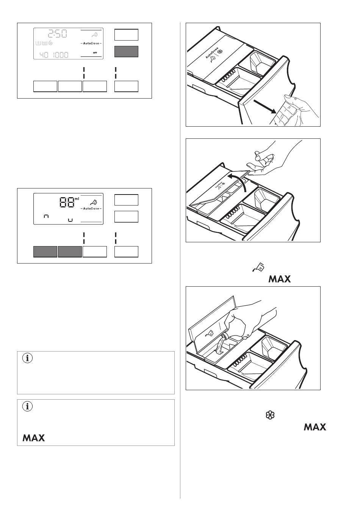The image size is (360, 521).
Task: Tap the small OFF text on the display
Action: point(95,52)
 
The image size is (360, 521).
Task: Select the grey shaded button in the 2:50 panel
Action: point(126,52)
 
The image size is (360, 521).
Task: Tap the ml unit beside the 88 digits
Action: point(77,199)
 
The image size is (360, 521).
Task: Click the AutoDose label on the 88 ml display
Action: point(91,209)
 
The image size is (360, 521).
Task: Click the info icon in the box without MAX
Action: point(27,358)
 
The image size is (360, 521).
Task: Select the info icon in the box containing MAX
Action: point(27,406)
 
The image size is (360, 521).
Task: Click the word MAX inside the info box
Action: point(34,438)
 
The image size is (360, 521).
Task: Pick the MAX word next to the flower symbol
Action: point(315,427)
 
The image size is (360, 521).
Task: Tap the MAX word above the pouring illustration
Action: point(279,279)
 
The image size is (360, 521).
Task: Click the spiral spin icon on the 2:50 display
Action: point(51,43)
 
